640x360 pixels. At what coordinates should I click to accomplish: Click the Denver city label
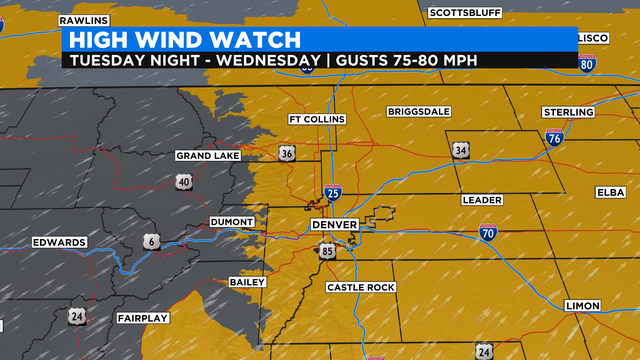334,225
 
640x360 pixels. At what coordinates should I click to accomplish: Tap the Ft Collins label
316,120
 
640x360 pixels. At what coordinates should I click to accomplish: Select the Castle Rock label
361,287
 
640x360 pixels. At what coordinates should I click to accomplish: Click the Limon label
582,305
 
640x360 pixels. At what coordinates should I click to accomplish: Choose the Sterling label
568,111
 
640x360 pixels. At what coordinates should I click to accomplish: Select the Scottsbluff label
463,13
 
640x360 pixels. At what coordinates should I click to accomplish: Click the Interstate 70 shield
488,232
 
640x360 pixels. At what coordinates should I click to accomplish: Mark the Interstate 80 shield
587,64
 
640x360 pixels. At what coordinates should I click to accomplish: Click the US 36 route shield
287,154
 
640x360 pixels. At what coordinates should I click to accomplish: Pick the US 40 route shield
184,181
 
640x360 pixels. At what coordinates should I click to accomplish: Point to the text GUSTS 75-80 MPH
406,60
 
